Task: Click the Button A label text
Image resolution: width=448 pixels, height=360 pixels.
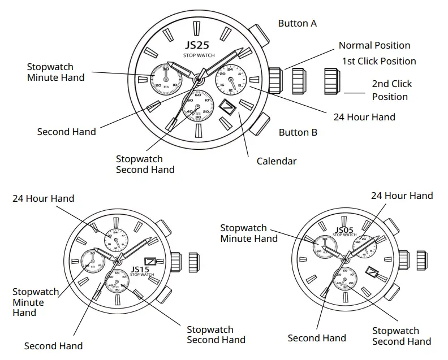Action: coord(298,24)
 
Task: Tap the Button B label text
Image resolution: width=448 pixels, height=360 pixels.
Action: coord(298,133)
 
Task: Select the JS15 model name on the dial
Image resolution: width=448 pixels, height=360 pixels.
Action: coord(140,269)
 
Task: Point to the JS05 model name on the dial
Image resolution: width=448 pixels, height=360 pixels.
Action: coord(344,229)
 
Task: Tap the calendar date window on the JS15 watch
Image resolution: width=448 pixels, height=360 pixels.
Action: coord(150,261)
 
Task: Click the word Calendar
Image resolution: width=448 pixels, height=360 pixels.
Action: coord(277,161)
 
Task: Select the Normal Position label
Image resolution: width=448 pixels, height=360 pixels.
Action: coord(374,46)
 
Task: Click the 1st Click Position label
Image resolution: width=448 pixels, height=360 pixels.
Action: coord(378,62)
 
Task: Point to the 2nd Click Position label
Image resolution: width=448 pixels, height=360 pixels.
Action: coord(391,90)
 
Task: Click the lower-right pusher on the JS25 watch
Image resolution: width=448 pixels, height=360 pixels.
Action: coord(260,123)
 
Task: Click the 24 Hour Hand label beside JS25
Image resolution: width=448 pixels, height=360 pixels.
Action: coord(364,117)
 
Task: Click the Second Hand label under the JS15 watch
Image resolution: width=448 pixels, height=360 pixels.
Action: coord(53,346)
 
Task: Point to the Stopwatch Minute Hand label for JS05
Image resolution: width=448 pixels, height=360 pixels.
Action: coord(248,233)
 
